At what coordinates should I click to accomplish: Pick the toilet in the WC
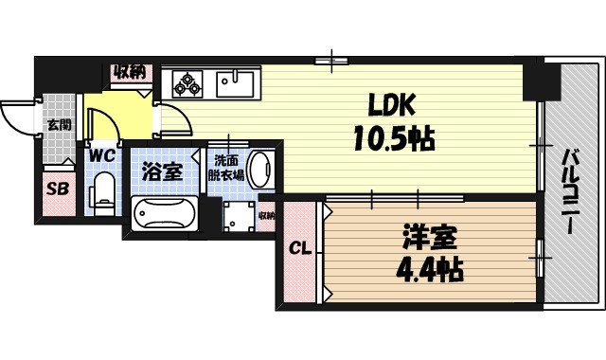point(103,191)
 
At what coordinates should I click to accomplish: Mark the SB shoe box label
point(57,189)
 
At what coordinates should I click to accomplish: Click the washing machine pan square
point(229,216)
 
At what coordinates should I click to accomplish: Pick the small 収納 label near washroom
point(266,215)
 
